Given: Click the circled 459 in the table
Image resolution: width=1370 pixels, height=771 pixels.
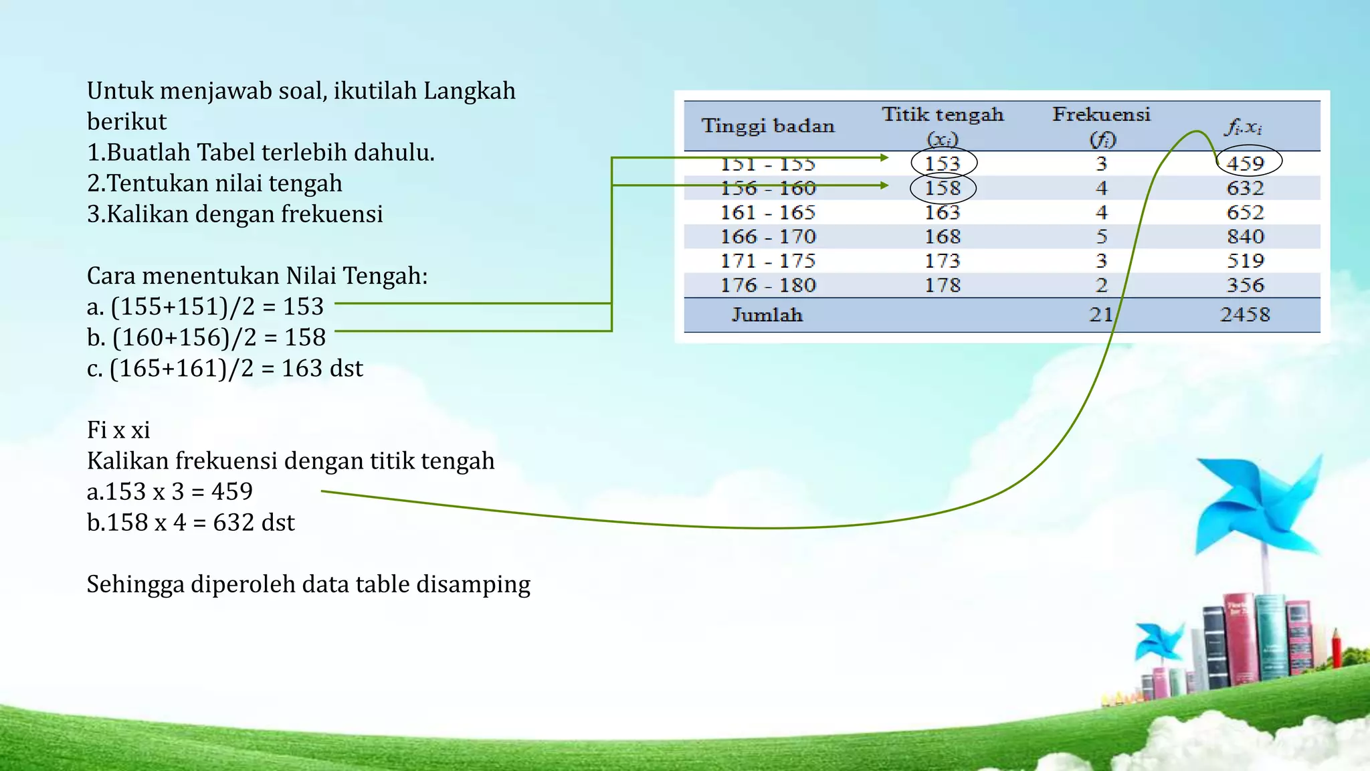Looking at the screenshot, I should click(1246, 163).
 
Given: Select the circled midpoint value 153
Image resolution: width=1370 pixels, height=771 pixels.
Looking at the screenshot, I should click(943, 163).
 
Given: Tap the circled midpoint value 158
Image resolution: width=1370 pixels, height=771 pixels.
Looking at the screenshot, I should click(943, 188).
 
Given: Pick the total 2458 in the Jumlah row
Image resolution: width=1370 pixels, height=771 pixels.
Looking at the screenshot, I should click(1245, 315).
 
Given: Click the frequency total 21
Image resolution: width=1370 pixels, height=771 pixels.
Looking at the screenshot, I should click(1101, 315).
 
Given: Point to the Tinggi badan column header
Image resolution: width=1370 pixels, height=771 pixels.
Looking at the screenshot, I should click(768, 126).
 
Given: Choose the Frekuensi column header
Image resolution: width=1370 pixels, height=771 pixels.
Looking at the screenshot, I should click(1101, 115).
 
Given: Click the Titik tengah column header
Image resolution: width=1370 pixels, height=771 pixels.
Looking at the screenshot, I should click(943, 115).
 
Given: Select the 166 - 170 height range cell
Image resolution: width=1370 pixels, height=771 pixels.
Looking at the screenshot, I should click(768, 237).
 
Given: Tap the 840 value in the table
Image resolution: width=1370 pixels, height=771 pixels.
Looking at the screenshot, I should click(1246, 237).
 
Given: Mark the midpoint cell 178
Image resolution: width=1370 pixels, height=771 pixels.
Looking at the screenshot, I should click(943, 286).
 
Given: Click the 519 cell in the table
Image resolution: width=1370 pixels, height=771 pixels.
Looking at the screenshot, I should click(1246, 261).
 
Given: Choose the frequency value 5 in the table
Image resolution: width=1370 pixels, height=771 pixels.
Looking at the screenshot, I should click(1102, 237).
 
